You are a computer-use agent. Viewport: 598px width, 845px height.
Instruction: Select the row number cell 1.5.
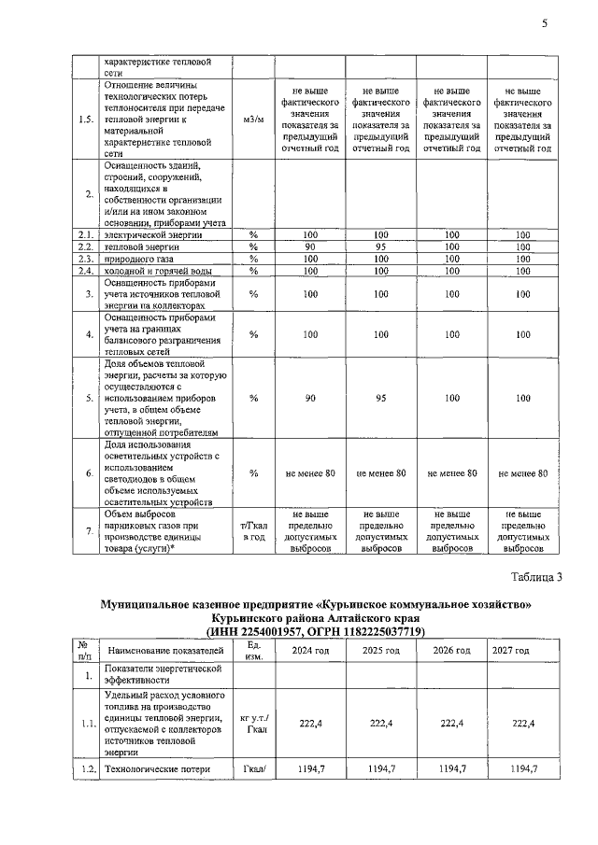point(87,120)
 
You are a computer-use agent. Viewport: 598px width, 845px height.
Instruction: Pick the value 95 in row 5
point(380,398)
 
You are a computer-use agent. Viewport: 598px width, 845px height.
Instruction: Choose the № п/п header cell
point(87,651)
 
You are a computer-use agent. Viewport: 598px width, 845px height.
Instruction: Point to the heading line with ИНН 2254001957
point(314,632)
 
